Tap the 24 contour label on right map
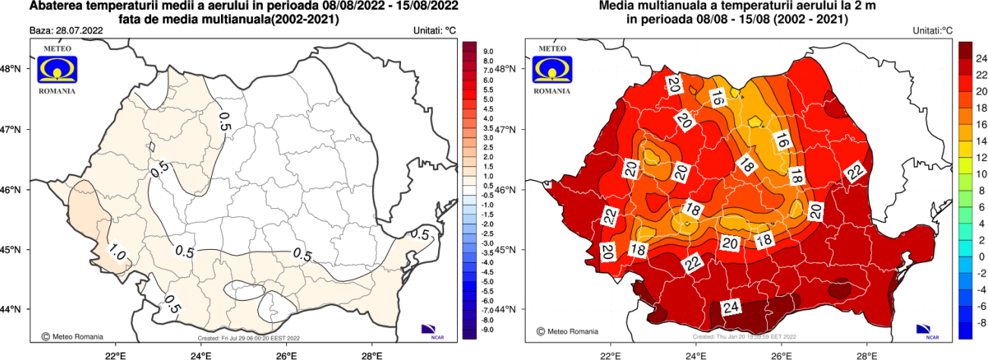tap(731, 308)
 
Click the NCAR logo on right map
tap(926, 330)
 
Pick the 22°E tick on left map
tap(115, 354)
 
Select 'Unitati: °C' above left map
tap(430, 31)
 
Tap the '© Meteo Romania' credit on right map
tap(567, 332)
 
